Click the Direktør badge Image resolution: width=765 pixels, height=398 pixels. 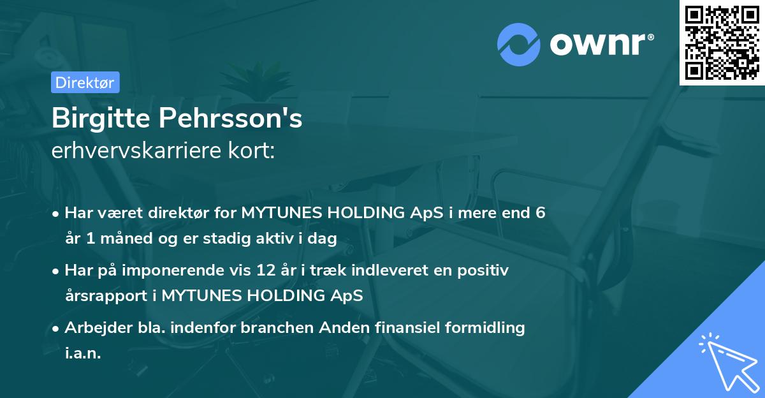pos(85,82)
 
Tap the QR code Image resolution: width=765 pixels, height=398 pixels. pos(722,43)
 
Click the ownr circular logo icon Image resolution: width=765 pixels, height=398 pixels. pos(519,45)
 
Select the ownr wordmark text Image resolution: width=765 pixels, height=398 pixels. pos(600,45)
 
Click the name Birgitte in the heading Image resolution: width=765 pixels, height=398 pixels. pos(100,118)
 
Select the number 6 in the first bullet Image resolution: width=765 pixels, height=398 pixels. pos(540,213)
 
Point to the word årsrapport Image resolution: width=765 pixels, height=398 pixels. pos(101,296)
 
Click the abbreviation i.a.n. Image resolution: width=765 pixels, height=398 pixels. pos(83,353)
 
